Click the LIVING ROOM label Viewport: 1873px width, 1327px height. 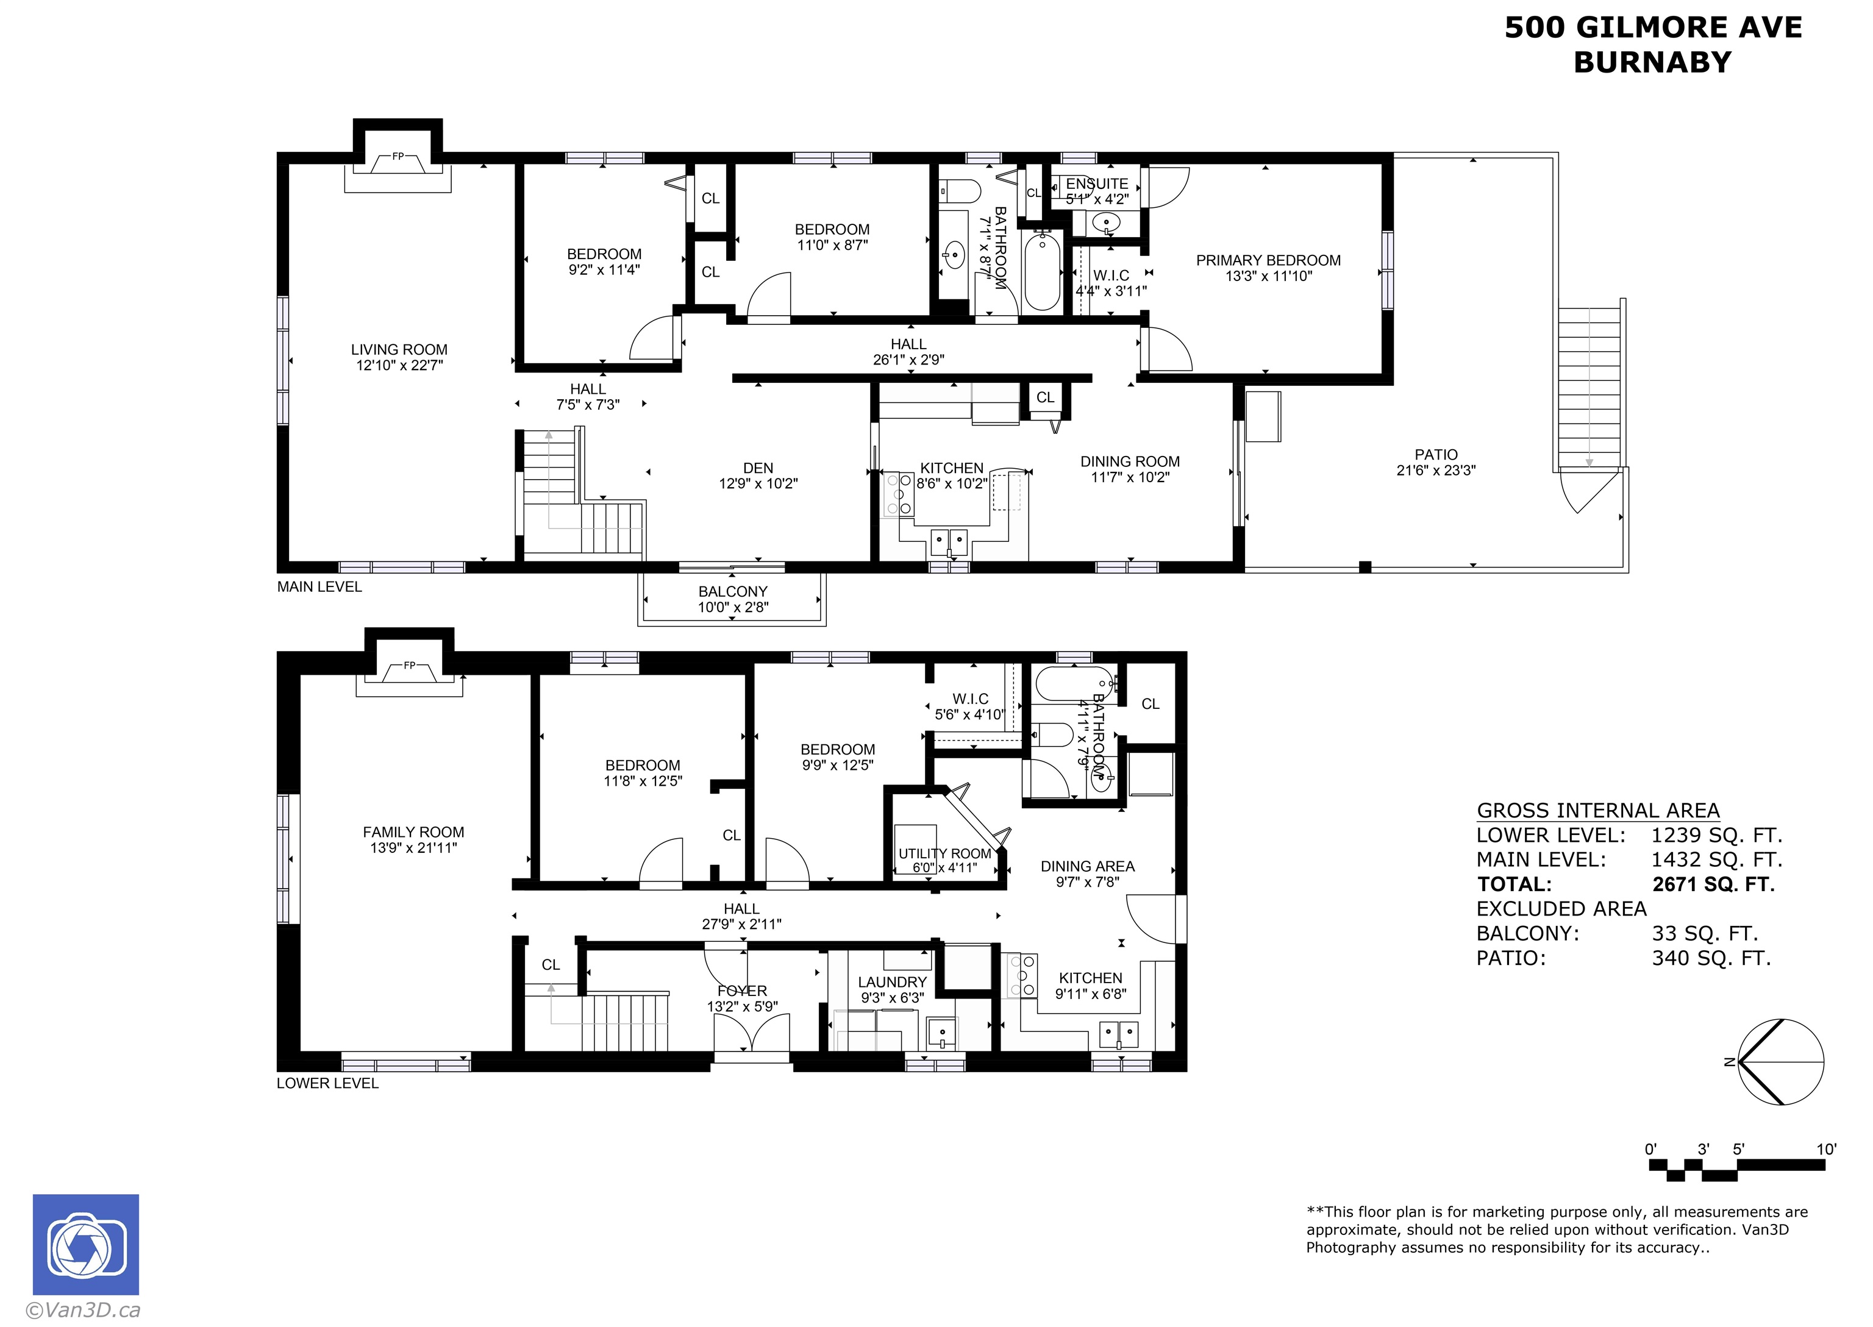pos(399,350)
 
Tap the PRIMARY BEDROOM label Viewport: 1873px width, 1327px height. pos(1268,261)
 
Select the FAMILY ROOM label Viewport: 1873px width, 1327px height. pos(413,832)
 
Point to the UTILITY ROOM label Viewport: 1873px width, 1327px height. pos(944,854)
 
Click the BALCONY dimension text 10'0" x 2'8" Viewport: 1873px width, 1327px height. pos(733,607)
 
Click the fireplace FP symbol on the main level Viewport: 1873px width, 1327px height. pos(398,156)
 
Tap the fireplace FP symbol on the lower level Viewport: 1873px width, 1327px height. pos(409,665)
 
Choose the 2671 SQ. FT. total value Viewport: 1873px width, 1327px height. pos(1713,884)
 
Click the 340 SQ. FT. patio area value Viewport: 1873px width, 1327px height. pos(1711,958)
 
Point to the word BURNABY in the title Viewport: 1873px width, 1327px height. pos(1652,62)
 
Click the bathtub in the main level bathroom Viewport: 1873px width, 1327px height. pos(1042,271)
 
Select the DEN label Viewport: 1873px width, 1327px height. pos(758,468)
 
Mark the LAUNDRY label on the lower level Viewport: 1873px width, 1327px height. pos(893,982)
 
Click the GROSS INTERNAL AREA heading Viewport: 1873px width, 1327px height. pos(1599,811)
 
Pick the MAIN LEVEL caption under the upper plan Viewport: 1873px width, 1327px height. pos(319,586)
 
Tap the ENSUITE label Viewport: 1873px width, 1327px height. pos(1097,184)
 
